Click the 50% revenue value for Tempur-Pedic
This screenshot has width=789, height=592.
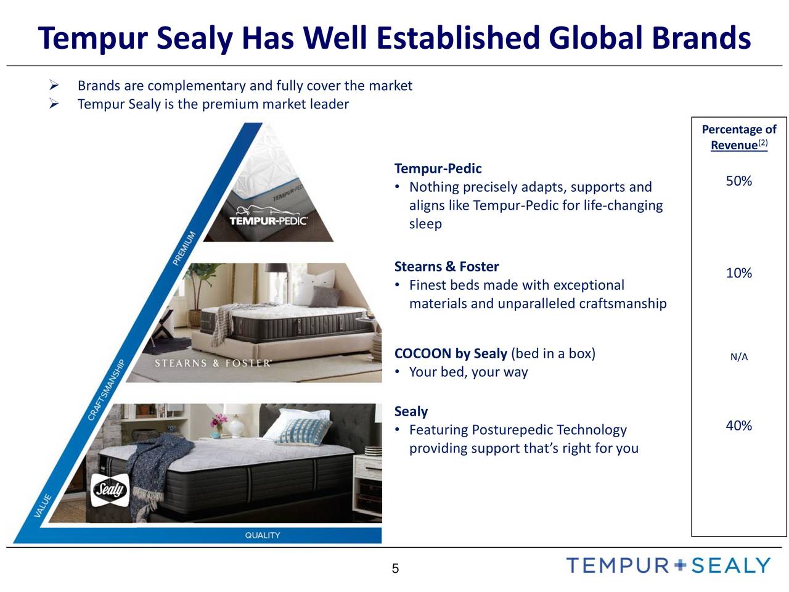pos(738,181)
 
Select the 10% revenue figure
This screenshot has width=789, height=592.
pos(738,273)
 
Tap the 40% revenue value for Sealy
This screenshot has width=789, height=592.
pos(738,426)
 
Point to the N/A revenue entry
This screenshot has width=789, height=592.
pos(738,357)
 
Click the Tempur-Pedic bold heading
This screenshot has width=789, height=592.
pos(438,168)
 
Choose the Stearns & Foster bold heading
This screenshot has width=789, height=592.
pos(446,266)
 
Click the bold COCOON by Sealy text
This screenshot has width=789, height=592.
pos(451,353)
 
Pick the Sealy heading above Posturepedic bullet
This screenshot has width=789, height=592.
pos(411,411)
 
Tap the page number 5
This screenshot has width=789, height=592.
pos(395,569)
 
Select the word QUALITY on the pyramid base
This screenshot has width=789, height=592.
pos(263,535)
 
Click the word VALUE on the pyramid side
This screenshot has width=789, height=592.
pos(43,506)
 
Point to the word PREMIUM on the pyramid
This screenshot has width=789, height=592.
pos(184,248)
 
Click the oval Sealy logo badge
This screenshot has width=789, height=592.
pos(110,491)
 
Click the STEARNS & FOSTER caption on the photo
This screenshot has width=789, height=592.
pos(212,363)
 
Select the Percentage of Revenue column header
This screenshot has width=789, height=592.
pos(738,137)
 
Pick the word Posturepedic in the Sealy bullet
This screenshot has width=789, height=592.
pos(512,430)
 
